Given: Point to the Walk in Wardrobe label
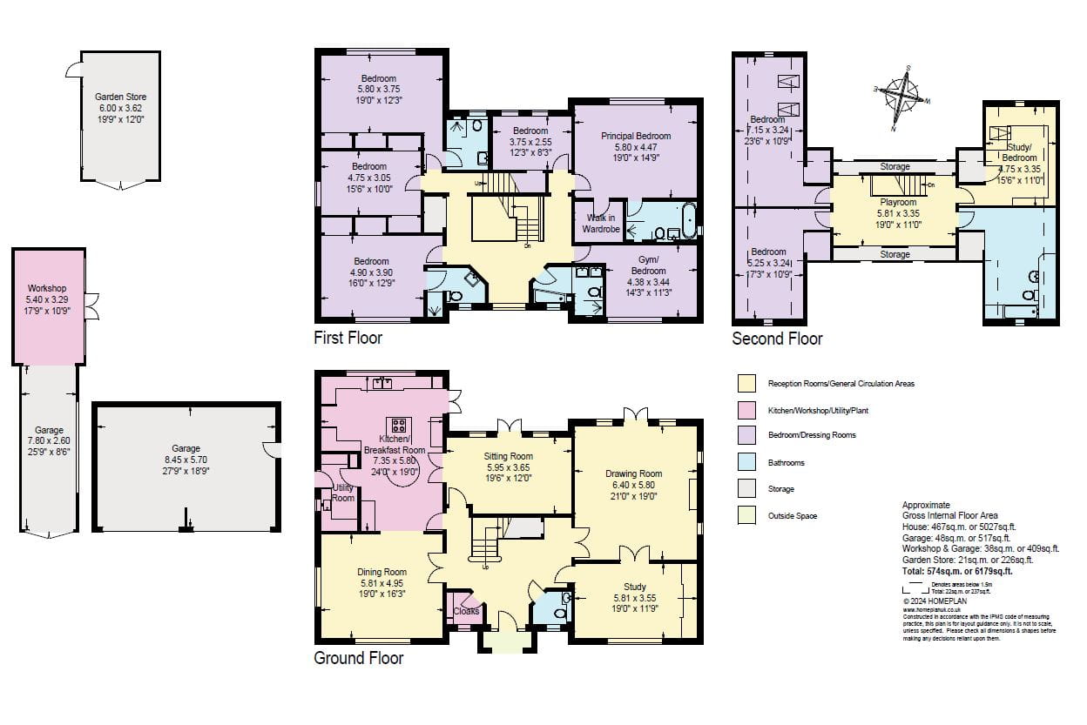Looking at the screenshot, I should [x=602, y=224].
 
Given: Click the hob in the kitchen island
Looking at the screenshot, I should [x=400, y=426].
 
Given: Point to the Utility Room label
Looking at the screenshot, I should [x=343, y=493].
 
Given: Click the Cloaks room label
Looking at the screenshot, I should [x=466, y=611].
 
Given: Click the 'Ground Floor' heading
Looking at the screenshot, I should [x=358, y=658].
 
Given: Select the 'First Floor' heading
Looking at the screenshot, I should [x=348, y=337].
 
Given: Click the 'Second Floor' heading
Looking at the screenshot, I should [x=776, y=338].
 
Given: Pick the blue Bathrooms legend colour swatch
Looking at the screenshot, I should [x=746, y=463].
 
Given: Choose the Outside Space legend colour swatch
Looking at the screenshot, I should [x=746, y=515].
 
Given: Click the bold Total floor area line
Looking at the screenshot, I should [x=956, y=572].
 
